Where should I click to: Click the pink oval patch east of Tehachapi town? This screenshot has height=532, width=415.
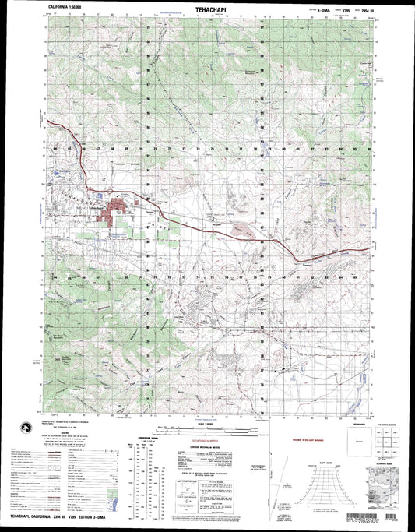coord(242,229)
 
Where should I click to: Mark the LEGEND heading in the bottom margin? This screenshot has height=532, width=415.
coord(72,435)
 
